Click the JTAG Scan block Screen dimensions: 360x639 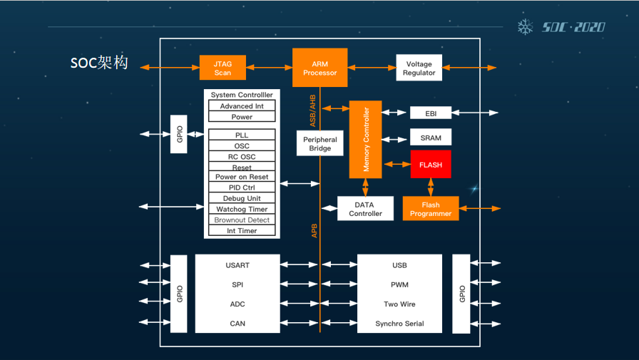click(x=223, y=68)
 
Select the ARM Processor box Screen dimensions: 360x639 click(x=319, y=68)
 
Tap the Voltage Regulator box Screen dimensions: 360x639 click(x=419, y=68)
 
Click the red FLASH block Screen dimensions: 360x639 click(x=431, y=165)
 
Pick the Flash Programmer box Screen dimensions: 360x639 click(x=431, y=209)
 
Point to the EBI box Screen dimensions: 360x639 click(x=431, y=113)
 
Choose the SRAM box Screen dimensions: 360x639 click(x=431, y=138)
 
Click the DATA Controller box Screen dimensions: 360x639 click(x=365, y=209)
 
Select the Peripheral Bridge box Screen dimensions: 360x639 click(x=319, y=144)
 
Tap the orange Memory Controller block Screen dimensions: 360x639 click(x=365, y=139)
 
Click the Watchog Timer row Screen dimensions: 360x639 click(x=242, y=210)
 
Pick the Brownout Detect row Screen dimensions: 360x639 click(x=242, y=220)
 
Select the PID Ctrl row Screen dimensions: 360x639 click(x=242, y=187)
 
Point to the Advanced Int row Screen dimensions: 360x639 click(x=242, y=106)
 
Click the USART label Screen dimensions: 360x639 click(x=237, y=265)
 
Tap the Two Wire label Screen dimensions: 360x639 click(x=399, y=304)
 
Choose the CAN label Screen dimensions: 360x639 click(x=237, y=324)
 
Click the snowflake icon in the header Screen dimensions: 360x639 click(x=525, y=27)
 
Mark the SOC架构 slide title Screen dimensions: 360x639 click(x=99, y=63)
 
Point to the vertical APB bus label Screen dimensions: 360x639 click(x=315, y=230)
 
